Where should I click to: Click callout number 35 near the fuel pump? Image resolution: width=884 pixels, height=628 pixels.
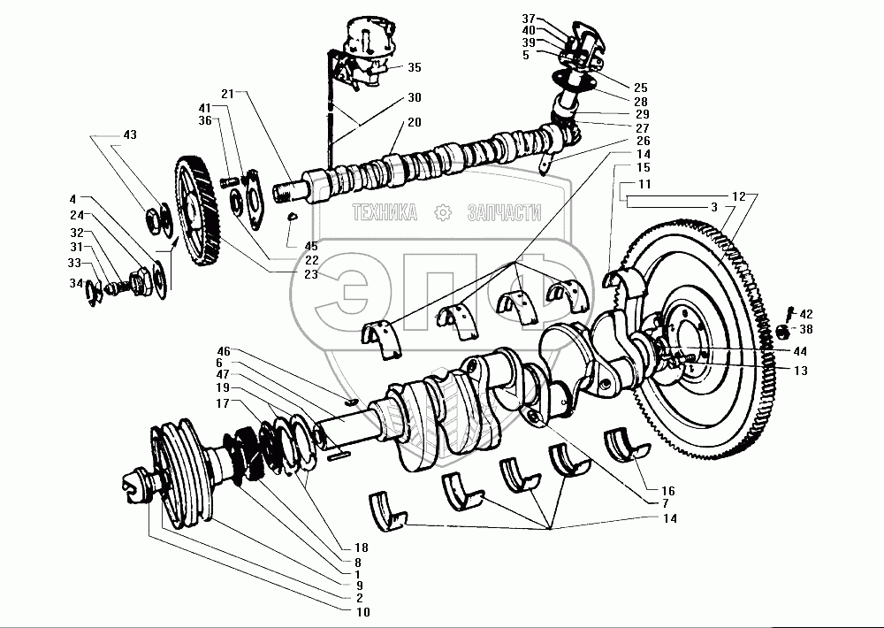coord(415,67)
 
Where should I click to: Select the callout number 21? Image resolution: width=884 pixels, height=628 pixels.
coord(227,93)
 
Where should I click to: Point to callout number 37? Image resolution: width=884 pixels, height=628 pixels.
coord(528,19)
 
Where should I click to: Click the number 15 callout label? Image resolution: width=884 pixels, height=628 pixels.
coord(643,166)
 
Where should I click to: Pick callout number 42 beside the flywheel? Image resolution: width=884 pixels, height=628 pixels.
coord(806,313)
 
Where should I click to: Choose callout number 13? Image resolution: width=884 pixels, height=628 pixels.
coord(800,371)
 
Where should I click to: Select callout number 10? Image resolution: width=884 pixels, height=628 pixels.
coord(363,612)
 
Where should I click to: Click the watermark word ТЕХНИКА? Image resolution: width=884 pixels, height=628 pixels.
coord(385,212)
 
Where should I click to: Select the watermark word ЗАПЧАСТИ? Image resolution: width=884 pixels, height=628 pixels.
coord(501,212)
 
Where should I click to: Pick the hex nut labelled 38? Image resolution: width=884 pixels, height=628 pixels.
coord(781,333)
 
